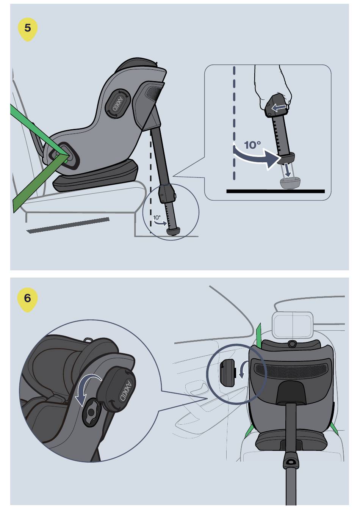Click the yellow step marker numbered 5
pos(28,30)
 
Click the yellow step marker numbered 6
pos(28,300)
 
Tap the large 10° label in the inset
pos(252,145)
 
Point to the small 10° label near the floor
pos(157,218)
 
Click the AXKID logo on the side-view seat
pos(118,103)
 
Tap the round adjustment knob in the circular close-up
pos(91,412)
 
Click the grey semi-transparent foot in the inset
pos(290,183)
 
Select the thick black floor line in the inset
pos(275,191)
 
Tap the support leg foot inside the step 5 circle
pos(172,231)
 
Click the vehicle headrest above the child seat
pos(293,325)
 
